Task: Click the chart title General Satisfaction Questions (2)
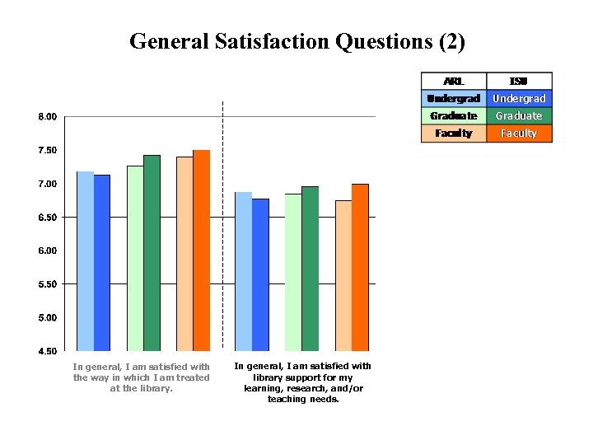coord(296,40)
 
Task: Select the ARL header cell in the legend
coord(454,81)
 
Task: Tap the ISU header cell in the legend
coord(519,81)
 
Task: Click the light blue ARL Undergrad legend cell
coord(454,98)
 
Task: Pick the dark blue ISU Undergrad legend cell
coord(519,98)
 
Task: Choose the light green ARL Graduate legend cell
coord(454,115)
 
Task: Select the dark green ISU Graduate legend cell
coord(519,115)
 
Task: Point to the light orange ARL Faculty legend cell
coord(454,133)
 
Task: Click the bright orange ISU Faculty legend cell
coord(519,133)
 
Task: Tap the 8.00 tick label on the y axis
coord(48,117)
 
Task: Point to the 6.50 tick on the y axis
coord(48,218)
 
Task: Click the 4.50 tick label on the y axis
coord(48,351)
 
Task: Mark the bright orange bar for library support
coord(360,267)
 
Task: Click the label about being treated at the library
coord(142,377)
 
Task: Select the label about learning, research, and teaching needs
coord(303,382)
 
